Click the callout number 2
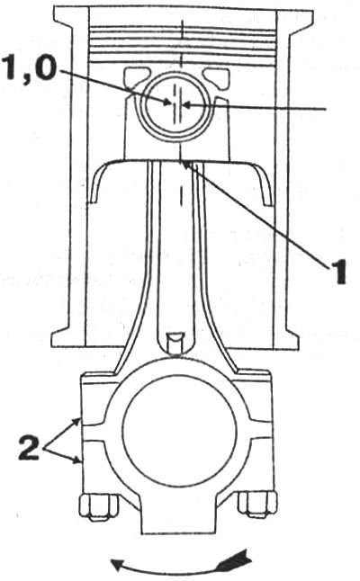[x=29, y=447]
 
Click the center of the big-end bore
[x=179, y=431]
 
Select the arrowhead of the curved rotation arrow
[x=118, y=565]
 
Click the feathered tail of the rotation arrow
[x=235, y=560]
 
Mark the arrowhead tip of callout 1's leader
[x=184, y=163]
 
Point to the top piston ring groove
[x=183, y=29]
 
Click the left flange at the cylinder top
[x=71, y=21]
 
